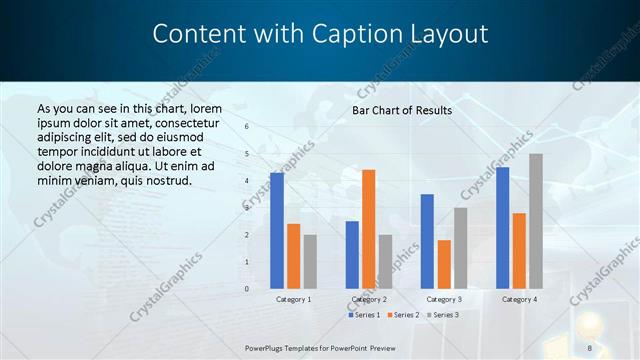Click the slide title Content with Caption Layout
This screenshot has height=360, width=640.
click(x=320, y=34)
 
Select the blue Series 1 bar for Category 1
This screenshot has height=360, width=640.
click(x=277, y=231)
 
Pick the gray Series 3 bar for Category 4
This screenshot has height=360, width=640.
click(x=536, y=221)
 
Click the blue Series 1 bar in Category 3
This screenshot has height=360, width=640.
click(x=427, y=241)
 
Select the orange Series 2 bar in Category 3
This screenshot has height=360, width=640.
click(x=444, y=264)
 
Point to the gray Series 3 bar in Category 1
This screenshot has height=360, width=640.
click(x=310, y=261)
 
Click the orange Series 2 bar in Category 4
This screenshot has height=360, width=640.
click(x=519, y=250)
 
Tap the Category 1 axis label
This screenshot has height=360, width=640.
click(x=293, y=299)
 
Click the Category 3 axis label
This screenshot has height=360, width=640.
click(x=444, y=299)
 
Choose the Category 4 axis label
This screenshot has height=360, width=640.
click(x=519, y=299)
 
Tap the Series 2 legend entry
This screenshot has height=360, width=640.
click(x=404, y=315)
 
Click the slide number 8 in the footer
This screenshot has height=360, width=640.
click(x=590, y=347)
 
